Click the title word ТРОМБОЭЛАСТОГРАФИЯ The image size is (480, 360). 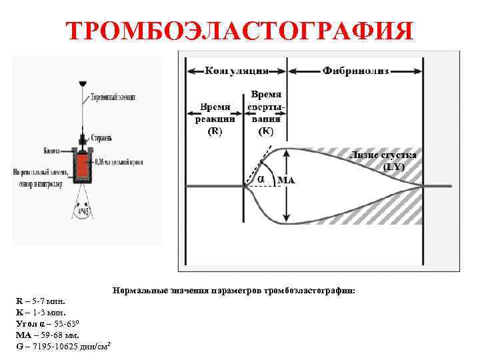240,31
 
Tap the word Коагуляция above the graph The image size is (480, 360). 237,69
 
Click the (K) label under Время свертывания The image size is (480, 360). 265,131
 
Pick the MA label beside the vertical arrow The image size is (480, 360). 285,180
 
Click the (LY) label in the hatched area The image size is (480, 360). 394,167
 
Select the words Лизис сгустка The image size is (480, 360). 383,155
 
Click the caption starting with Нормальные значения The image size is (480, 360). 234,291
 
